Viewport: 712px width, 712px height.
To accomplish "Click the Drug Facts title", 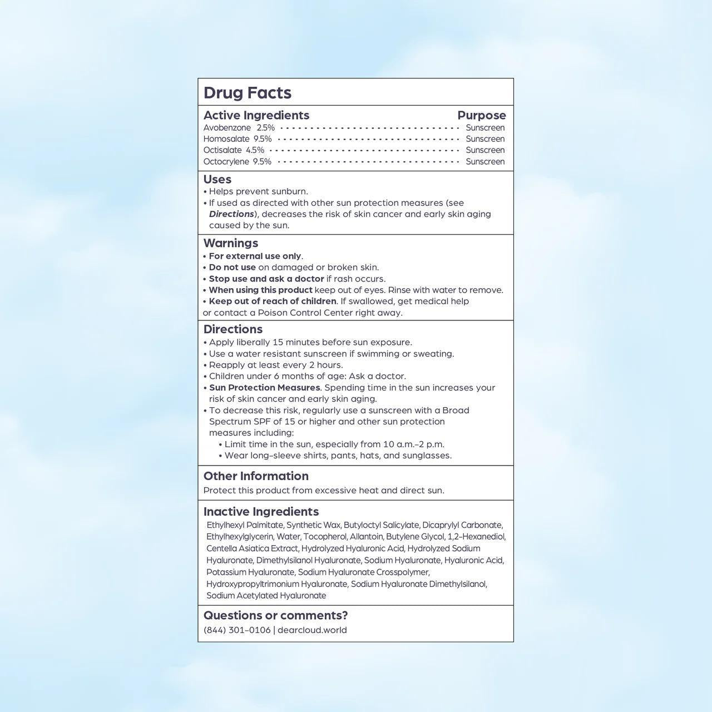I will (x=248, y=93).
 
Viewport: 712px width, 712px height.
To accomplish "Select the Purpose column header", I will (x=481, y=116).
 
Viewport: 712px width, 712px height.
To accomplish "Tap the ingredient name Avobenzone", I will (x=227, y=128).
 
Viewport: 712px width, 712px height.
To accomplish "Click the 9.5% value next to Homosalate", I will (x=263, y=139).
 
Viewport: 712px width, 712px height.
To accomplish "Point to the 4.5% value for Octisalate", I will (x=255, y=150).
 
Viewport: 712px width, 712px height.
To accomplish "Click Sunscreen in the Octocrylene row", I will (x=485, y=162).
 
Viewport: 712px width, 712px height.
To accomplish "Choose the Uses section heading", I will (x=217, y=179).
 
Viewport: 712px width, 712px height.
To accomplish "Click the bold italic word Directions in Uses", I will (x=231, y=214).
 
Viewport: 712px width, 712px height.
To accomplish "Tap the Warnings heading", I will (x=231, y=243).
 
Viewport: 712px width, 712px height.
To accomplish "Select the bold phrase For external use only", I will (x=255, y=256).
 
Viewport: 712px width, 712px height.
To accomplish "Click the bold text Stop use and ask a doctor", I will (x=266, y=279).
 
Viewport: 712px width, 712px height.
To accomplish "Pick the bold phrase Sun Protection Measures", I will (x=264, y=388).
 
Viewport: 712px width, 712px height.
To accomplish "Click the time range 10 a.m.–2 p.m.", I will (x=413, y=444).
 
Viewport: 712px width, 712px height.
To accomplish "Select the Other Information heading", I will (x=256, y=476).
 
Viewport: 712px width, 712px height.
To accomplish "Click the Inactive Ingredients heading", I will (x=261, y=512).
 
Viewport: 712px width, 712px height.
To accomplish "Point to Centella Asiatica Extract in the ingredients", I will (x=253, y=548).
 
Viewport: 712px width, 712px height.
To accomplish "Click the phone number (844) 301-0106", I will (x=237, y=630).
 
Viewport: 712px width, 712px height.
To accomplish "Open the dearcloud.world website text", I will (x=312, y=630).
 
